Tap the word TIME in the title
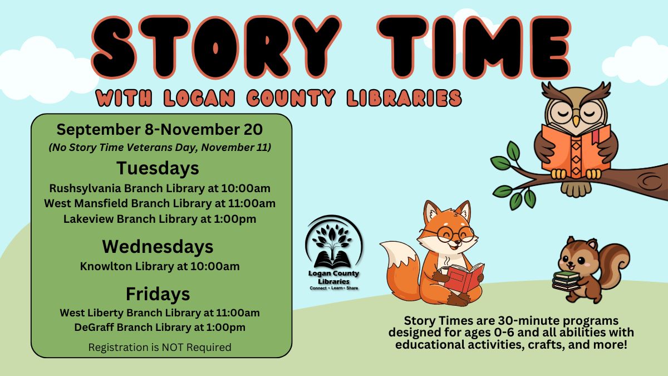474,47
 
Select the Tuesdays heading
158,168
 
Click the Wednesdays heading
158,247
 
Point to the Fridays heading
158,294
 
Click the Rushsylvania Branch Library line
160,189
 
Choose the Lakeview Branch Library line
160,219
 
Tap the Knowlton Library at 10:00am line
160,266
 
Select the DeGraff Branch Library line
160,328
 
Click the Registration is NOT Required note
160,348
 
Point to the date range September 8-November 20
160,130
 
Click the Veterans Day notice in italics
160,148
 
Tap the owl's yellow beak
577,121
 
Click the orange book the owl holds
576,151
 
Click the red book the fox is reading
463,277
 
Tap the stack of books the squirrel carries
566,281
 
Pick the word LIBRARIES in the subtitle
404,98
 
